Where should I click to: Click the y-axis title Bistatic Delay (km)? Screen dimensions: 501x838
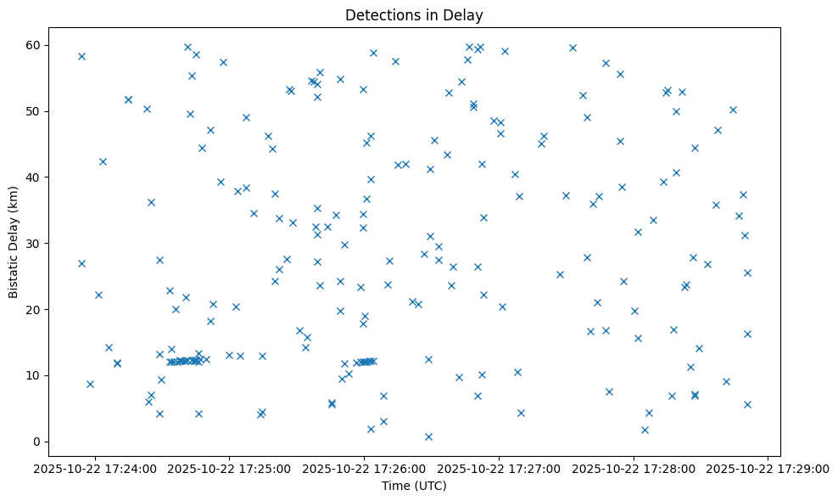pos(13,242)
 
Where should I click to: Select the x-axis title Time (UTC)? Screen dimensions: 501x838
pos(414,486)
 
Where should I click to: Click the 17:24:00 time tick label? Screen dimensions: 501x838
pos(95,467)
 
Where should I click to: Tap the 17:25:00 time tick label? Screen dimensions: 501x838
pos(230,467)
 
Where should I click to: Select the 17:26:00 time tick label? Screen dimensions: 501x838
pos(365,467)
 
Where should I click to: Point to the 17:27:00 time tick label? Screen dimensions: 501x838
pos(499,467)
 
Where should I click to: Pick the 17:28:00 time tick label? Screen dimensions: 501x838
pos(634,467)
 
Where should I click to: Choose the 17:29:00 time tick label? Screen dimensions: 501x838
pos(768,467)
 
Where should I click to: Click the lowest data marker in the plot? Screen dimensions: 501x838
pos(428,436)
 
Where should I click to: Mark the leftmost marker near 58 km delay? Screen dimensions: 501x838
pos(81,56)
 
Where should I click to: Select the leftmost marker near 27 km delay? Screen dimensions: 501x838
pos(81,263)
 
